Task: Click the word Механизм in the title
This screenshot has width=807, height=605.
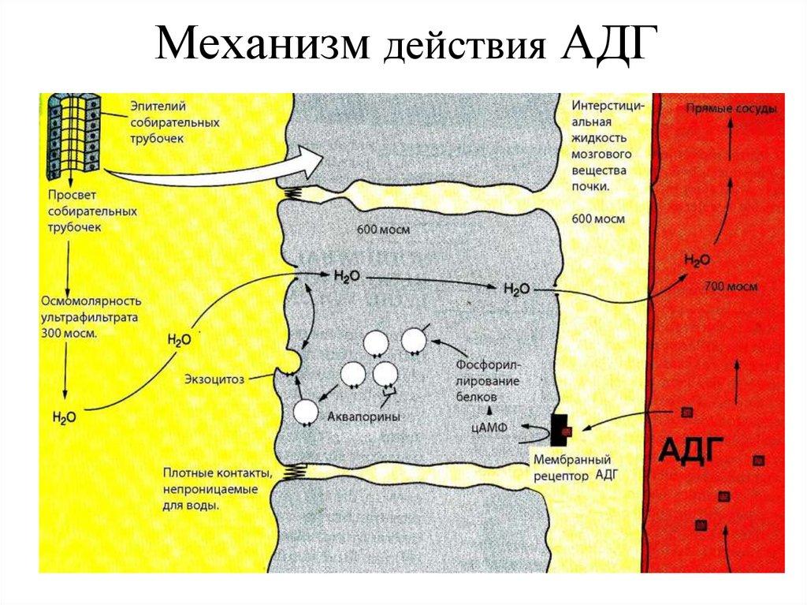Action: click(264, 47)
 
